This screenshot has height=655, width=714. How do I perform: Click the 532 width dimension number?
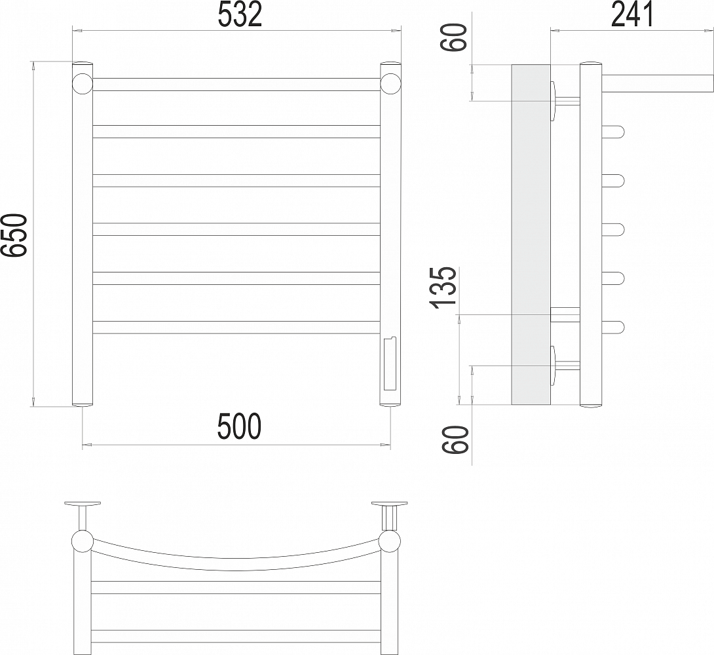click(x=240, y=14)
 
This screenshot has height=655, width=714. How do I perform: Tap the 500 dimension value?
click(x=240, y=426)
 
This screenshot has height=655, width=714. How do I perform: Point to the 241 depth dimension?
click(x=632, y=14)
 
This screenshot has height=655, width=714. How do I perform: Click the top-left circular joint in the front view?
click(x=83, y=84)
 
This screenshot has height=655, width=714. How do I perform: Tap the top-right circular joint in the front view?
click(x=390, y=84)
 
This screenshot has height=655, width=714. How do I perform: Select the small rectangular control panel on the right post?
click(x=390, y=364)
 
